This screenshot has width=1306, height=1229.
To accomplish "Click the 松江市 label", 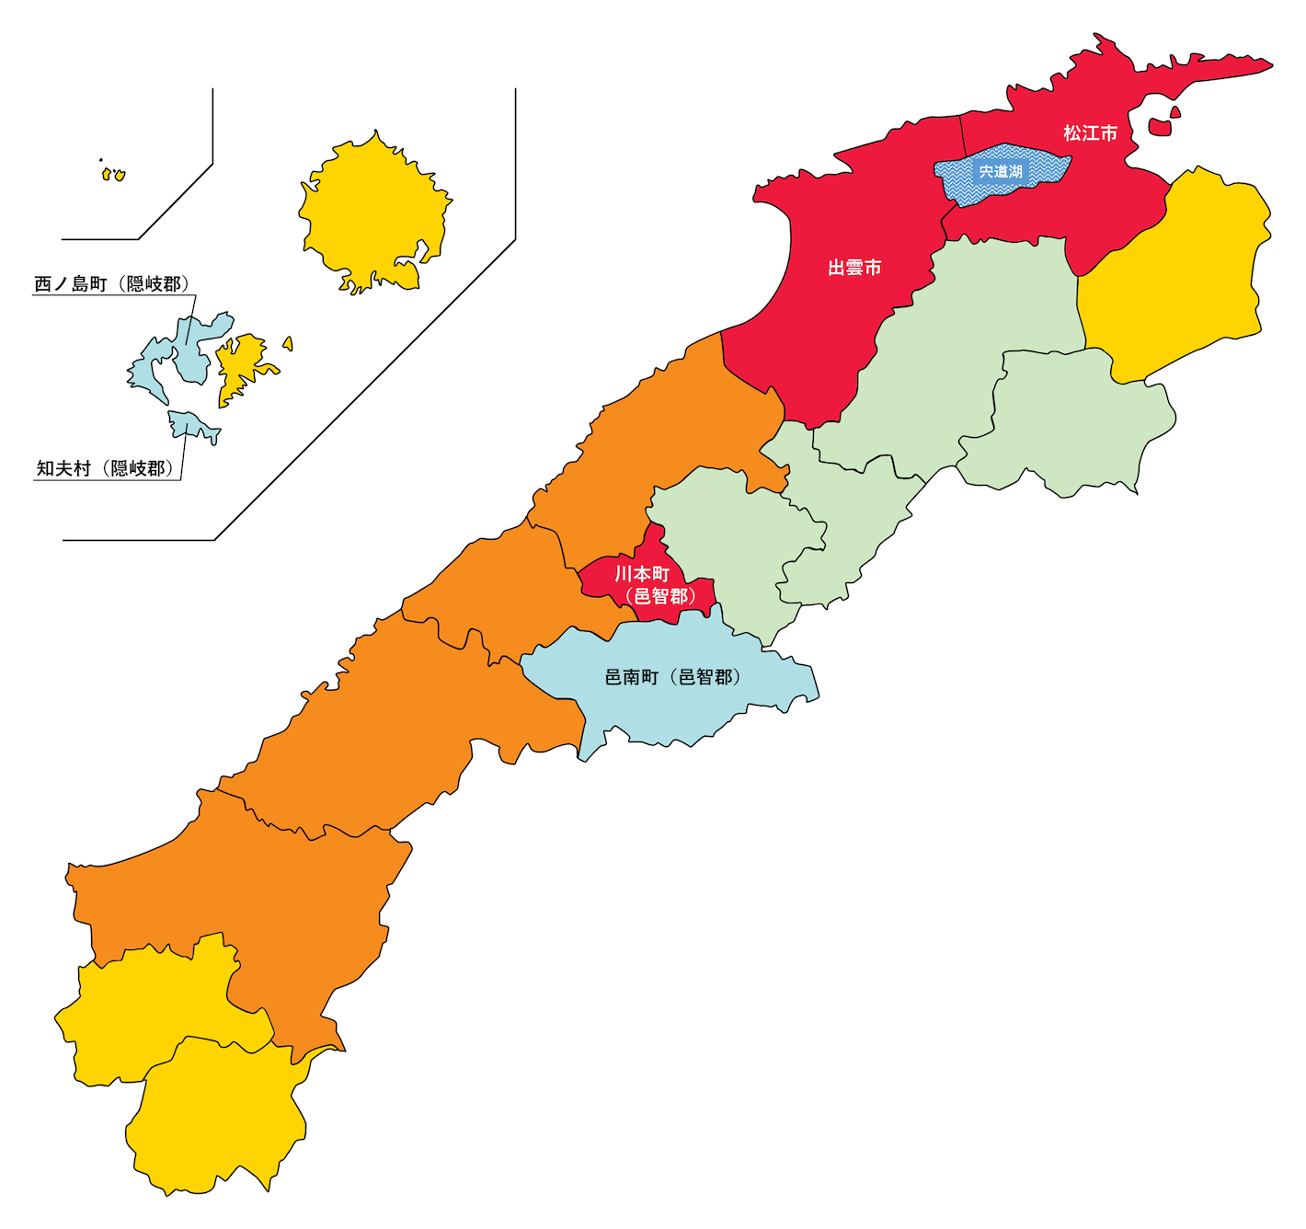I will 1090,133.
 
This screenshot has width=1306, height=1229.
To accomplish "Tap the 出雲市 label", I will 854,268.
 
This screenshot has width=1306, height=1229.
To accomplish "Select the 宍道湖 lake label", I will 1001,172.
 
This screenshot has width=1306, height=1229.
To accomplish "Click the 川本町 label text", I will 642,574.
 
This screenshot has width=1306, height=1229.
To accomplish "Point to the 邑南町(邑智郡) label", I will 672,677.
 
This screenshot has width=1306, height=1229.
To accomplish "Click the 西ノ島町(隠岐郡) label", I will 111,284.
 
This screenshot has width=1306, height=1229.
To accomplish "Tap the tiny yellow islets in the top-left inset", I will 113,174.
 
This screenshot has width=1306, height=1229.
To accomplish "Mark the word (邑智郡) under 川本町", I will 660,596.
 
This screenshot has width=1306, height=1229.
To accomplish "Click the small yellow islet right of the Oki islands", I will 288,344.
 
